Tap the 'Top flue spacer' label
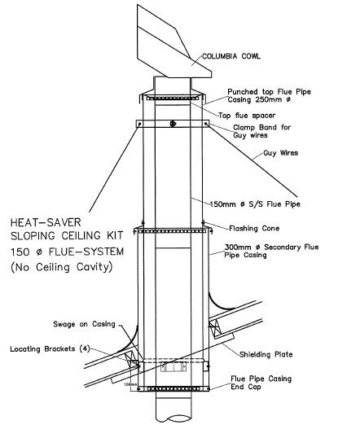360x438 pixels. pyautogui.click(x=245, y=115)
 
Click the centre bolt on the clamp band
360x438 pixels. pyautogui.click(x=172, y=124)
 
